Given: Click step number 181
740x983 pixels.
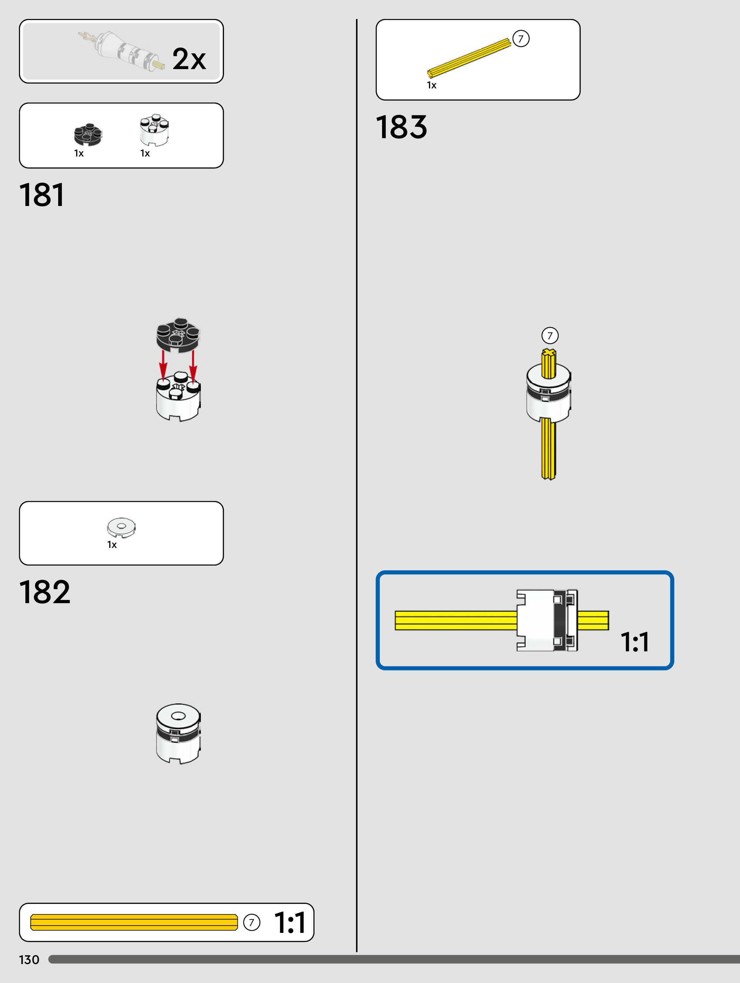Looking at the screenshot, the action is (x=42, y=195).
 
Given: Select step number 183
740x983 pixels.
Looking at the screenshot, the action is (x=401, y=127).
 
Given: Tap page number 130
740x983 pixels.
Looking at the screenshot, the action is (x=29, y=960).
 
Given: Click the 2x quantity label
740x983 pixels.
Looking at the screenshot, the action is (x=189, y=59).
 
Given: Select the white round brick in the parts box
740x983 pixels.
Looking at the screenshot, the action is (x=154, y=130).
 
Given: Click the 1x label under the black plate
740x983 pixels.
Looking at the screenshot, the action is (x=79, y=153).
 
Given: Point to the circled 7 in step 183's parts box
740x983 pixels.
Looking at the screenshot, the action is (x=521, y=39).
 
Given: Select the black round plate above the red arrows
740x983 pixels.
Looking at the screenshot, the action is (x=178, y=334).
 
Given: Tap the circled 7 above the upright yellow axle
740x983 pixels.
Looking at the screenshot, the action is (x=550, y=335).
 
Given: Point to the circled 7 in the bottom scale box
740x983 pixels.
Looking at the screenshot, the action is (x=252, y=922).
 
